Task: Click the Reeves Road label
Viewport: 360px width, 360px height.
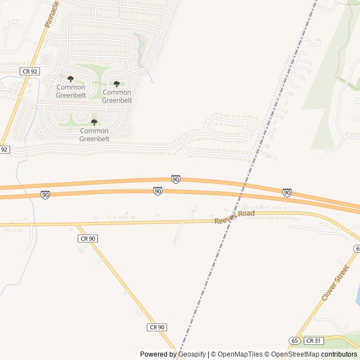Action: (x=235, y=217)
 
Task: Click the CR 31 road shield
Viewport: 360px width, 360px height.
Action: (x=313, y=341)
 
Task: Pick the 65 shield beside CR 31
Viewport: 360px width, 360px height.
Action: (x=295, y=341)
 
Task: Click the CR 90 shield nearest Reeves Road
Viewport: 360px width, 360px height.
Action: (x=88, y=238)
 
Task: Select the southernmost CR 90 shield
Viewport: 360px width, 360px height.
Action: (x=157, y=327)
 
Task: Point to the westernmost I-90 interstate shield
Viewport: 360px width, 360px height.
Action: (x=45, y=195)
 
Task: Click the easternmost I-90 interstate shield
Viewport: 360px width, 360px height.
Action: (x=287, y=192)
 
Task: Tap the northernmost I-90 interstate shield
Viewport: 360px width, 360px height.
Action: (x=175, y=179)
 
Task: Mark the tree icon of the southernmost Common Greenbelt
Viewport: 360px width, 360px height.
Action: (x=94, y=122)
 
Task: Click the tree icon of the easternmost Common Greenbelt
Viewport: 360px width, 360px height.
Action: (x=117, y=84)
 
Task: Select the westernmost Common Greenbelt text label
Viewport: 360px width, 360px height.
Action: (x=70, y=91)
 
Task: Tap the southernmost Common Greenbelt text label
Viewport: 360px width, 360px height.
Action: (x=94, y=135)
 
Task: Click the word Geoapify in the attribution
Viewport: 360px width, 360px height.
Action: (x=192, y=354)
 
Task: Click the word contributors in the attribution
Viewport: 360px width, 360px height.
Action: (x=339, y=354)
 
